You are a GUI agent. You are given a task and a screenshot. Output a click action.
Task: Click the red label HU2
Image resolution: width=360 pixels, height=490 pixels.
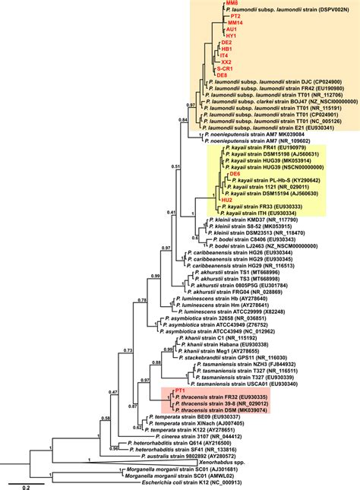227,199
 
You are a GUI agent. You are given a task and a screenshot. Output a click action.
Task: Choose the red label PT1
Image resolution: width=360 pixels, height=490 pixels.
180,389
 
